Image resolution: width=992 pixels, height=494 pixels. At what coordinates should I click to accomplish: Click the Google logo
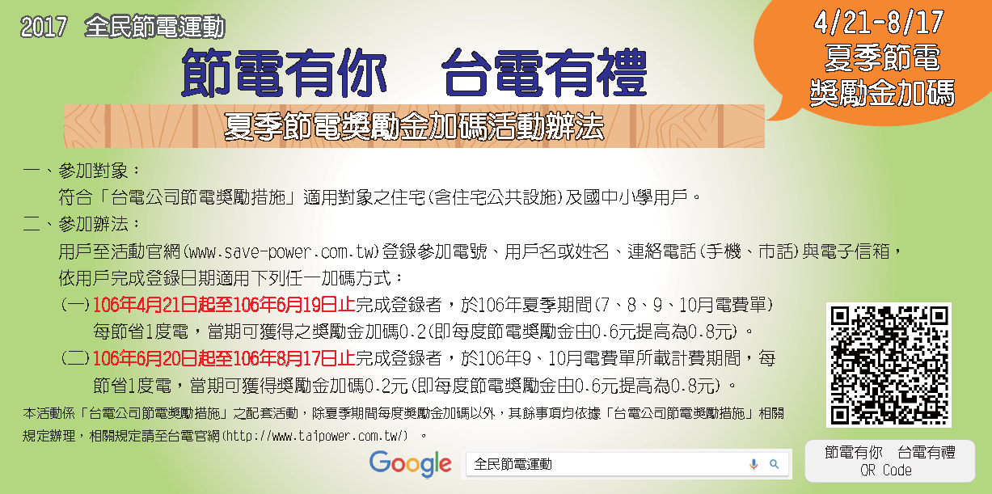410,464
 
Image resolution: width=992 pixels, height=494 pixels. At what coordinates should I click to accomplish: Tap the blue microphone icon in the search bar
753,464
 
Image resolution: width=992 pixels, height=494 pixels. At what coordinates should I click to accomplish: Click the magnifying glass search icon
774,464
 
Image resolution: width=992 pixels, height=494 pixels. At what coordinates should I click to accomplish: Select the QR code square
889,365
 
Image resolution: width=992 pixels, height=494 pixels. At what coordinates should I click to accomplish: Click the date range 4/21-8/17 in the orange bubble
879,23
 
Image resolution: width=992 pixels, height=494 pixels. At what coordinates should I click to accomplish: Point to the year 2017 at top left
44,27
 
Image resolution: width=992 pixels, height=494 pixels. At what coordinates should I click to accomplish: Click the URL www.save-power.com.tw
281,252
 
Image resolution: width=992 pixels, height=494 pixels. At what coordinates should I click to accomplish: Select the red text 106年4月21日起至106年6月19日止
224,305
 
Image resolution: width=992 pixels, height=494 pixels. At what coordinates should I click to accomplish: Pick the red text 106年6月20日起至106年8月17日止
224,358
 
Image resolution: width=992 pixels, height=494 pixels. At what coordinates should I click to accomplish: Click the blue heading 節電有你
284,73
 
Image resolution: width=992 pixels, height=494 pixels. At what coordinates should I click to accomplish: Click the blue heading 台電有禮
544,73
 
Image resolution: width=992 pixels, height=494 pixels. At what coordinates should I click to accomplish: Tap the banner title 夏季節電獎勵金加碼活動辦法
414,127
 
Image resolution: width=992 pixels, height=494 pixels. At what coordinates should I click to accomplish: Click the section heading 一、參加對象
82,171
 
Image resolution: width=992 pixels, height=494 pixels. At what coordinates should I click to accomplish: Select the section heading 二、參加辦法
82,224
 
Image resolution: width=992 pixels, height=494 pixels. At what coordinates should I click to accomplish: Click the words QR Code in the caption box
886,470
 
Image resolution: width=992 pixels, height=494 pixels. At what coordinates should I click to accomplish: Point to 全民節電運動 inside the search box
513,464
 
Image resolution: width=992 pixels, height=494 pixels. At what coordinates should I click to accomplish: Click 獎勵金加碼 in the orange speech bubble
882,93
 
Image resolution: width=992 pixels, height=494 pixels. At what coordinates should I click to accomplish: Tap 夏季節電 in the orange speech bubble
882,57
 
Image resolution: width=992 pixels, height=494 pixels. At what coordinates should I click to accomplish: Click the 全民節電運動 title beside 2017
155,27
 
